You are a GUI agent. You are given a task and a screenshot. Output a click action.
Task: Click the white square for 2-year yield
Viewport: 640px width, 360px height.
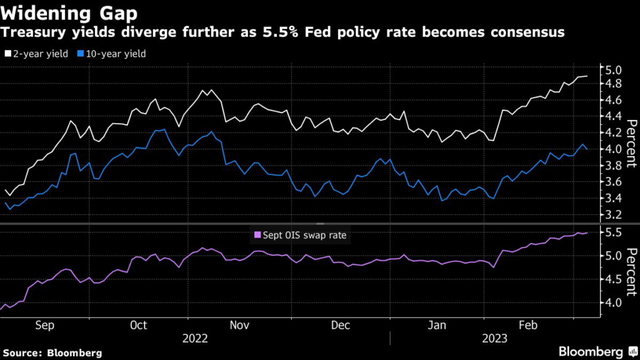click(7, 54)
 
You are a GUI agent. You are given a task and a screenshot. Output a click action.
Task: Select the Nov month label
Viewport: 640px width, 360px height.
click(239, 325)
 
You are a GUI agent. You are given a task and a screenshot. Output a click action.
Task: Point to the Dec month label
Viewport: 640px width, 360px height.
click(340, 325)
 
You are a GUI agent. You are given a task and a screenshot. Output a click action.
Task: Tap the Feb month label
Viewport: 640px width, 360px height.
click(529, 325)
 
